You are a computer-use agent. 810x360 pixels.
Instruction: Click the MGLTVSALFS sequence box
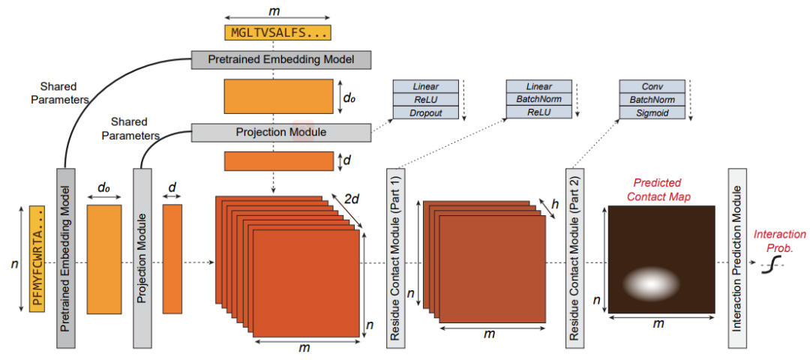pyautogui.click(x=277, y=33)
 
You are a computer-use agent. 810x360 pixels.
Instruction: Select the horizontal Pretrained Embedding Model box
pyautogui.click(x=281, y=58)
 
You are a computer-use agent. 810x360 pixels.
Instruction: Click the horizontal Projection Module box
pyautogui.click(x=281, y=133)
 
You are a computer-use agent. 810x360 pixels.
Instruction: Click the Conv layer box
pyautogui.click(x=652, y=87)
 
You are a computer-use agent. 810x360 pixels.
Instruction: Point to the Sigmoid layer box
pyautogui.click(x=652, y=112)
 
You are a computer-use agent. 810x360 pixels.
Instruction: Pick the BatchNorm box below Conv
pyautogui.click(x=652, y=100)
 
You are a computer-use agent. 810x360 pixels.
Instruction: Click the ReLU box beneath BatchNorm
pyautogui.click(x=538, y=112)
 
